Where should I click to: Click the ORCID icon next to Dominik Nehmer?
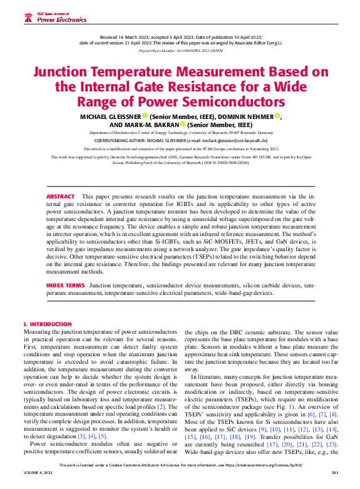click(x=260, y=116)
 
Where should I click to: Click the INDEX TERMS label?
click(x=65, y=285)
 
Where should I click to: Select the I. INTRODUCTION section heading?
click(x=47, y=324)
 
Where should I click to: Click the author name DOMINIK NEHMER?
click(x=229, y=116)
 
